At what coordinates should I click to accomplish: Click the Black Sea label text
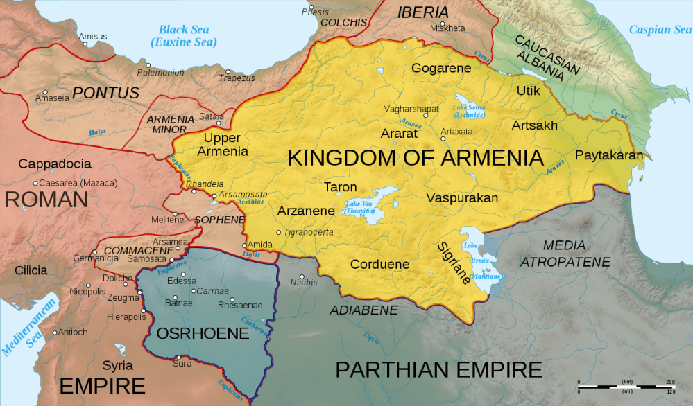point(184,36)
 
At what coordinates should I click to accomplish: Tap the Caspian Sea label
point(660,30)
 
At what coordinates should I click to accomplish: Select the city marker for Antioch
point(56,332)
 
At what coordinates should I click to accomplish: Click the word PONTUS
point(106,93)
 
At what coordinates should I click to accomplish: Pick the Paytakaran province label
point(609,155)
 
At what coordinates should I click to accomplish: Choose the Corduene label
point(379,264)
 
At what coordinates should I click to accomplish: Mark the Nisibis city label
point(303,283)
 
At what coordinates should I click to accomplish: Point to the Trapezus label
point(237,78)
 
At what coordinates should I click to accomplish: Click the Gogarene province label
point(441,68)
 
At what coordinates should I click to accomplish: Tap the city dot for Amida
point(243,245)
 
